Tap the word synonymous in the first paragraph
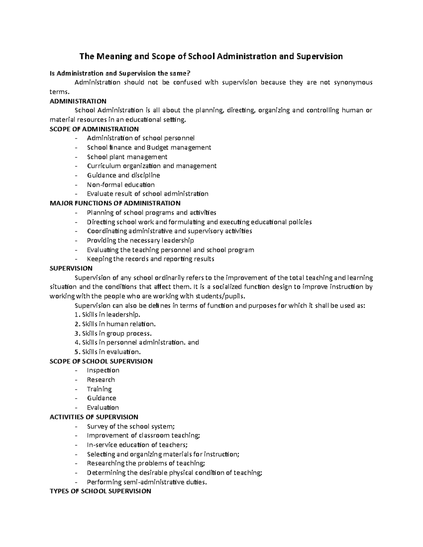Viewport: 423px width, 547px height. (x=353, y=83)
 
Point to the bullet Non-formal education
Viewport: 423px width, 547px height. (x=121, y=185)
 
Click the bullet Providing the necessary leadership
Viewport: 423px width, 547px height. (x=140, y=241)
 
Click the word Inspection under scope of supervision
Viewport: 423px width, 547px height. (x=103, y=370)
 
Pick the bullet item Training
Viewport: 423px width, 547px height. (x=99, y=389)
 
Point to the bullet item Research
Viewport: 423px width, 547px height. (x=101, y=380)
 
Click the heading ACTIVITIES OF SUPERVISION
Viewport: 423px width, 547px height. (x=94, y=417)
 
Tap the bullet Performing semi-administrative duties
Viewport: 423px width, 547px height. (x=147, y=482)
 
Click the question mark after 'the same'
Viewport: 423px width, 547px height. (x=188, y=74)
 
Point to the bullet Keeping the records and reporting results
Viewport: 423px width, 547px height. (x=151, y=259)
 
